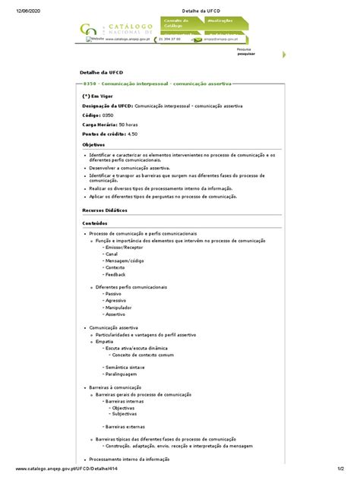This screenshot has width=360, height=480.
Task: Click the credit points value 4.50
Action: pos(133,134)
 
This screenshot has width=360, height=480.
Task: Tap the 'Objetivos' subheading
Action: pos(94,144)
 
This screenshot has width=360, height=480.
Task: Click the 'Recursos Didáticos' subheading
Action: pos(105,210)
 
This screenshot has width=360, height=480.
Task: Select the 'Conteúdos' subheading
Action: pos(95,223)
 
